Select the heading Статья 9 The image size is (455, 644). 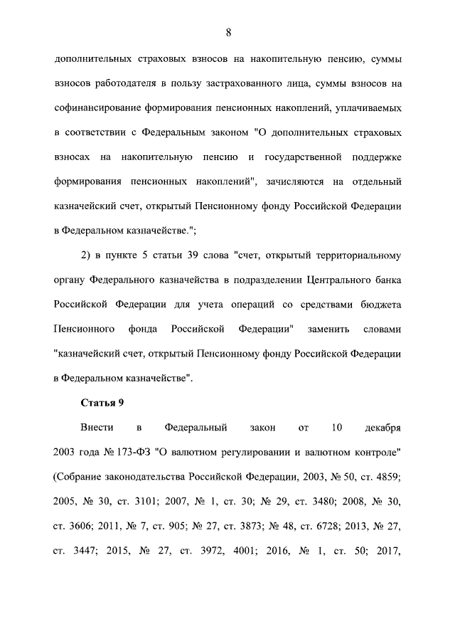103,403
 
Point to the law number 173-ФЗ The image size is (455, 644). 130,452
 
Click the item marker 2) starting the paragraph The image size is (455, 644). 87,255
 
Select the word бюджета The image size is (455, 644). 382,305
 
